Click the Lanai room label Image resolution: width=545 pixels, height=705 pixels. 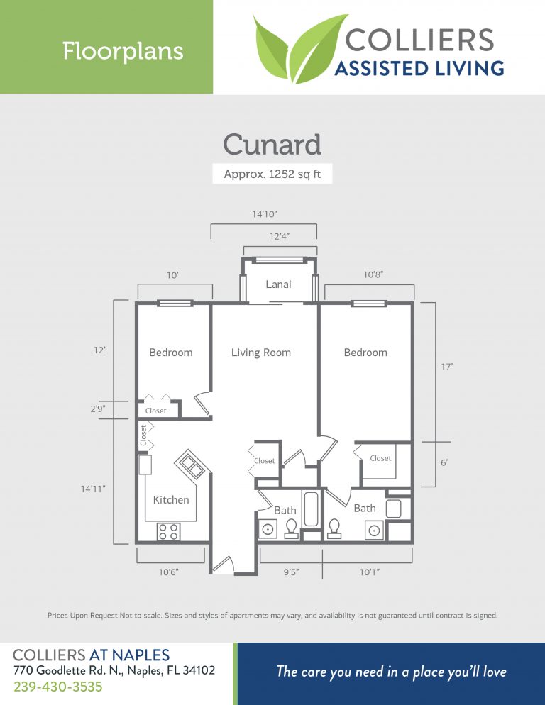pos(278,284)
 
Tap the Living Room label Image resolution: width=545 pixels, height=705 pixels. pos(261,352)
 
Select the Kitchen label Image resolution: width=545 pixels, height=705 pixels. pos(171,500)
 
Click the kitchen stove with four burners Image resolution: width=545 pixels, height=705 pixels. pos(168,532)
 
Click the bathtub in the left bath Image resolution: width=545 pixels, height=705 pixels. pos(311,509)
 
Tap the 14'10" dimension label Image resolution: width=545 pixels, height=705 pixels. pos(263,213)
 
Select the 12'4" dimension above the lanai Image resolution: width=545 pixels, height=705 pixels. pos(279,236)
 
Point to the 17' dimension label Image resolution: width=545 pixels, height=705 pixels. pos(446,367)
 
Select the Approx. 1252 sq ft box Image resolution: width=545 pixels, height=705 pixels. pos(272,174)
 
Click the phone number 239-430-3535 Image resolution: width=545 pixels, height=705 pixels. pos(58,687)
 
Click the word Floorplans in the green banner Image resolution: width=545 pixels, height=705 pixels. pos(123,51)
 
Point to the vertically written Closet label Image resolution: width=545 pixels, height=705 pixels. pos(143,435)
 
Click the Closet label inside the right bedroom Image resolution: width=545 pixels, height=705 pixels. pos(380,458)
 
